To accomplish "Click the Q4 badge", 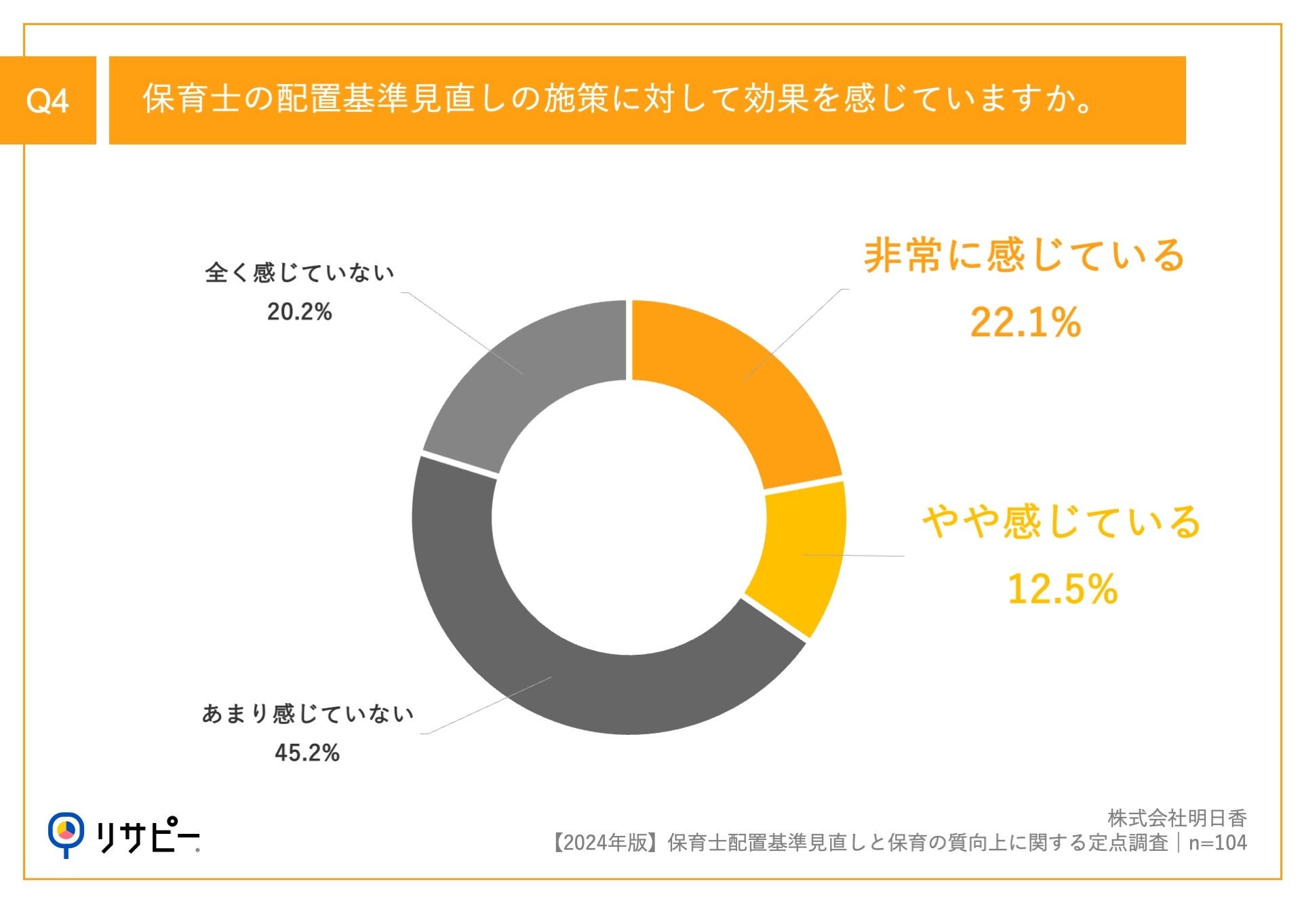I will click(47, 100).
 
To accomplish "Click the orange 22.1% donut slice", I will click(739, 380).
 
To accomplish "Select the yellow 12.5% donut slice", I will click(804, 556).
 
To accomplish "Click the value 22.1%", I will click(1025, 323).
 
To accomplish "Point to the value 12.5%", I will click(1062, 589).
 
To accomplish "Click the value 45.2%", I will click(307, 753).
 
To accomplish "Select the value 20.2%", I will click(299, 312).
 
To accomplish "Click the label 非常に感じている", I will click(1024, 256).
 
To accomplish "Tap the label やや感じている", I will click(1062, 523).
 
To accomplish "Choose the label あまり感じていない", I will click(307, 714).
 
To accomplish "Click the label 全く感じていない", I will click(299, 273).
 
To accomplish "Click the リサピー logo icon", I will click(66, 833).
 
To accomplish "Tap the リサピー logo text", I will click(148, 836).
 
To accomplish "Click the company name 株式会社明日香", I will click(1177, 818).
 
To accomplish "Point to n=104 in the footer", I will click(1218, 843).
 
